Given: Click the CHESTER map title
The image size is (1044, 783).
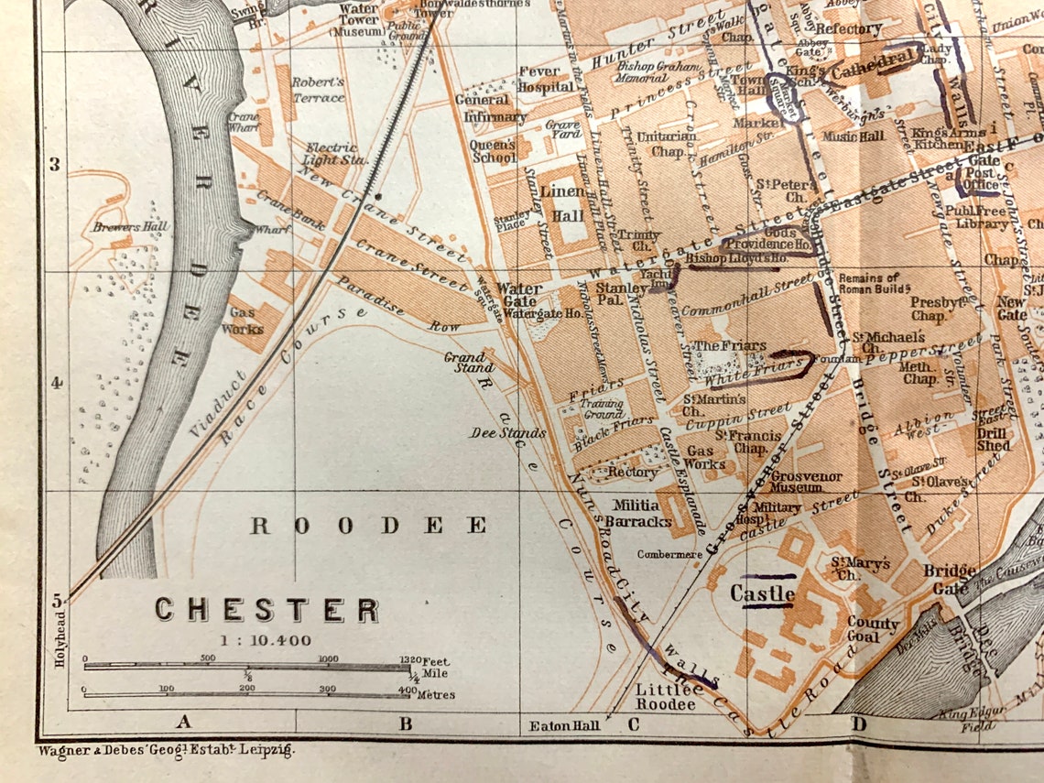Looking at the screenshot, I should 266,610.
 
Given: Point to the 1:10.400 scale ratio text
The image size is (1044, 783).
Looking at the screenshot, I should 265,641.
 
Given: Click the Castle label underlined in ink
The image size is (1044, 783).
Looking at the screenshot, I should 762,593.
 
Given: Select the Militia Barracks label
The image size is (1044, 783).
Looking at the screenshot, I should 643,513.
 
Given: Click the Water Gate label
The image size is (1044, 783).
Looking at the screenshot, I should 518,295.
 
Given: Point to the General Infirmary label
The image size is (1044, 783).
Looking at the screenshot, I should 489,108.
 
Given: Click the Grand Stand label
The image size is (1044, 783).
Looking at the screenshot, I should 463,362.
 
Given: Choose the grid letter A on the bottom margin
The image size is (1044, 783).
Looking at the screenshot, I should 183,723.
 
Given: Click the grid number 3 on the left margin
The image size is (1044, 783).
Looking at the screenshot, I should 55,165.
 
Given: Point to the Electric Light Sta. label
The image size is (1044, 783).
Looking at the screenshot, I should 336,153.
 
